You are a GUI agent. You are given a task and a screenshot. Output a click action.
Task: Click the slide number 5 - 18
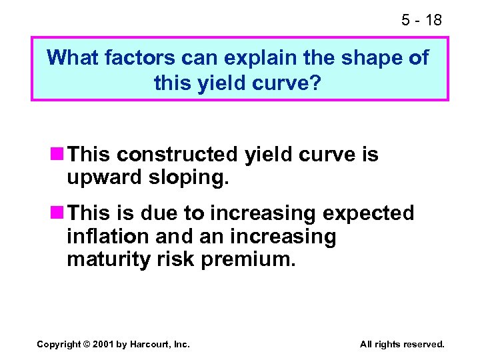(x=421, y=20)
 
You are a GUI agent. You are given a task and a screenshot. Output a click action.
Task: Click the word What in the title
(x=74, y=58)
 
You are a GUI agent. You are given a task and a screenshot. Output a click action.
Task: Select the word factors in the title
(x=141, y=58)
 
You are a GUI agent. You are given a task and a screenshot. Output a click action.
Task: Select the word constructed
(x=176, y=155)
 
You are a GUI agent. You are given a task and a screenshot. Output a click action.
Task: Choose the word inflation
(x=108, y=237)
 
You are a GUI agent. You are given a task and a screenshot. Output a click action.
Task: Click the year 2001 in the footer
(x=105, y=344)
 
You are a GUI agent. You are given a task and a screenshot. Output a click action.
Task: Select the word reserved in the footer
(x=423, y=344)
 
